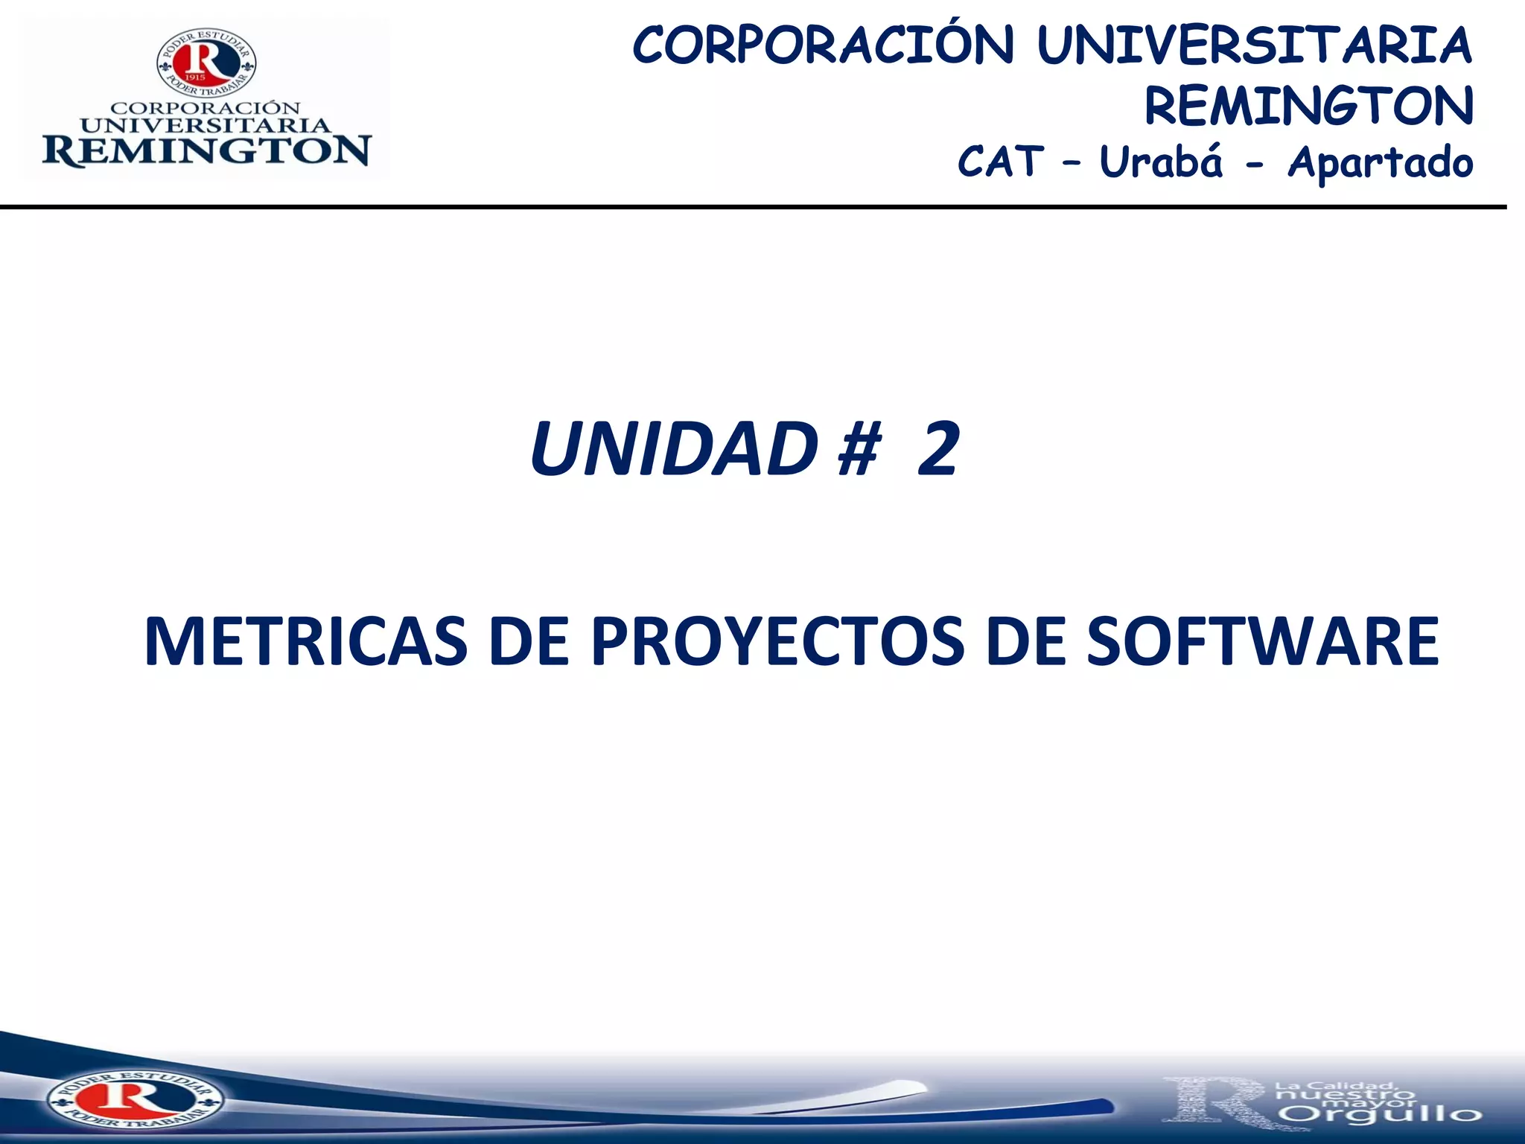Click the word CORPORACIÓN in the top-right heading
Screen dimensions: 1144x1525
[x=823, y=46]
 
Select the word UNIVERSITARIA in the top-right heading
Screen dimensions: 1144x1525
[x=1254, y=46]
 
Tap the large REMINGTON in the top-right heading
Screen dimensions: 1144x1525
[x=1308, y=107]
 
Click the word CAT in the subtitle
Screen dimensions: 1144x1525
[x=1000, y=162]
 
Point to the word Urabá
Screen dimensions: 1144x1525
[x=1161, y=162]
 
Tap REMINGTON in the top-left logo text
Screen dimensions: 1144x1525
[x=206, y=151]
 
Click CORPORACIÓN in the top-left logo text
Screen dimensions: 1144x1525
[x=206, y=109]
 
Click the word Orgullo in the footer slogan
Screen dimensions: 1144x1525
[x=1383, y=1115]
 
